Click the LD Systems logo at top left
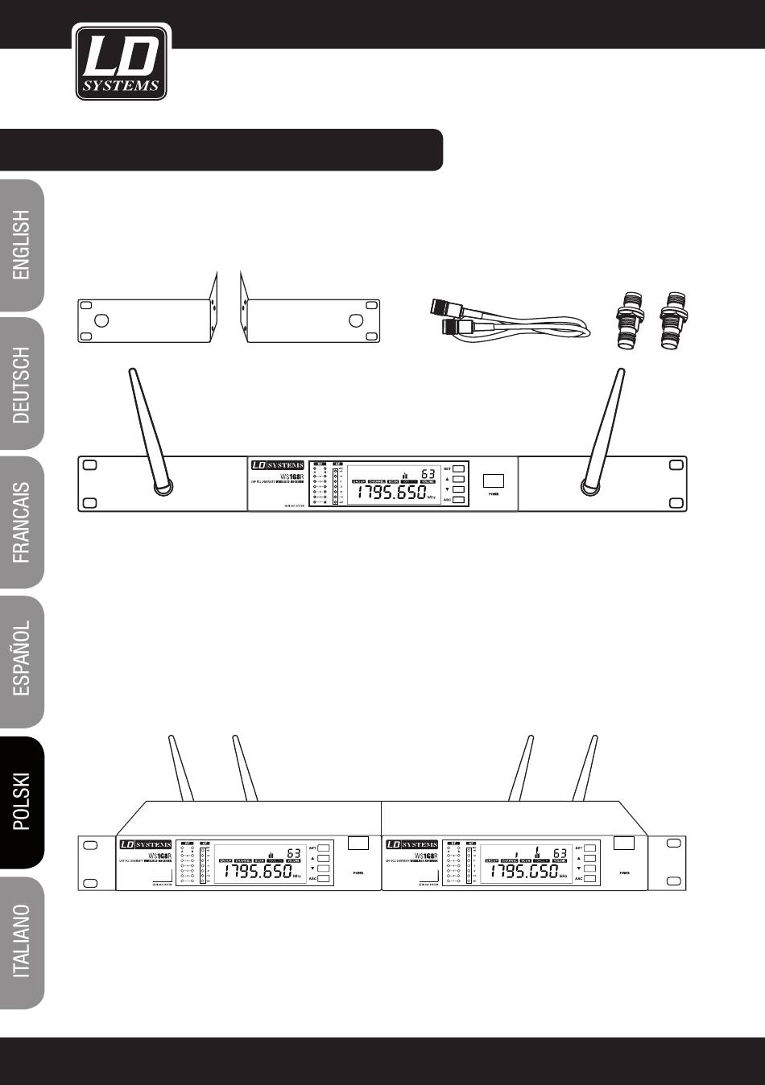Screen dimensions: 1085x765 coord(121,62)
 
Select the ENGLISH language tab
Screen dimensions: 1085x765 coord(22,245)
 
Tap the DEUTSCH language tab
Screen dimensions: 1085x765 coord(22,384)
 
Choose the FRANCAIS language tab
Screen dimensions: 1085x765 coord(22,522)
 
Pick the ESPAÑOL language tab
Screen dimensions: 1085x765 coord(22,661)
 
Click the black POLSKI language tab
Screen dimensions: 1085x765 coord(22,802)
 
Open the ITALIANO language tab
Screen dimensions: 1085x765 coord(22,939)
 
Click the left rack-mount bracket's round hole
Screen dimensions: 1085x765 coord(102,321)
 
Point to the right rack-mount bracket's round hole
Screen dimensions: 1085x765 coord(355,321)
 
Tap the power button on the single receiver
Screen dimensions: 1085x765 coord(494,481)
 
